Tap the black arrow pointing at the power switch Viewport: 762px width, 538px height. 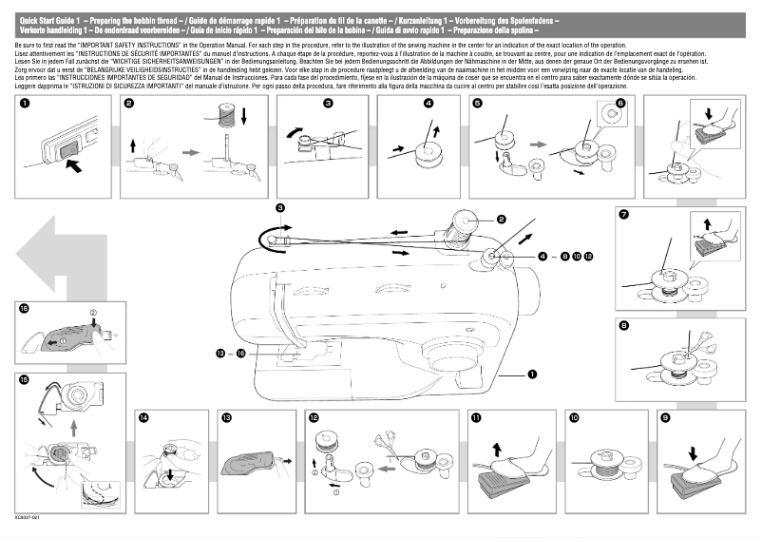[x=84, y=165]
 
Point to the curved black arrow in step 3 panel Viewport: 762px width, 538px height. [x=297, y=134]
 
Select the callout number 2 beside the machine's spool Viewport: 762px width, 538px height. [x=501, y=220]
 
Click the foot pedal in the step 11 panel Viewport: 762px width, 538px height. [x=499, y=481]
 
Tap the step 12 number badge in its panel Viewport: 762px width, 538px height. [x=313, y=417]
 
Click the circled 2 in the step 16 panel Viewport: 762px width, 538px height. [x=93, y=312]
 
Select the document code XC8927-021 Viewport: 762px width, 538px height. [x=29, y=518]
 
